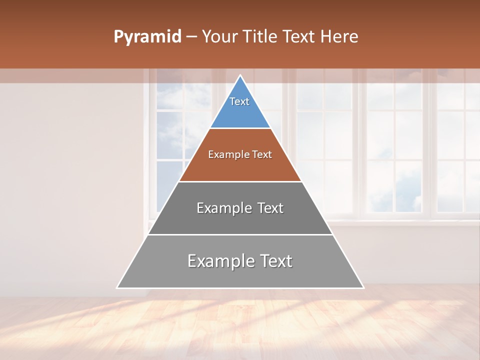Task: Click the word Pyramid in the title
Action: [147, 37]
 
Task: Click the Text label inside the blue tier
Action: [239, 101]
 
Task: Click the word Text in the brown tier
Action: [262, 155]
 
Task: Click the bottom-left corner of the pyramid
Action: [117, 287]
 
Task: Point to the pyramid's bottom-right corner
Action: [363, 287]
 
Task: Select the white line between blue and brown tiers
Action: [240, 128]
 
